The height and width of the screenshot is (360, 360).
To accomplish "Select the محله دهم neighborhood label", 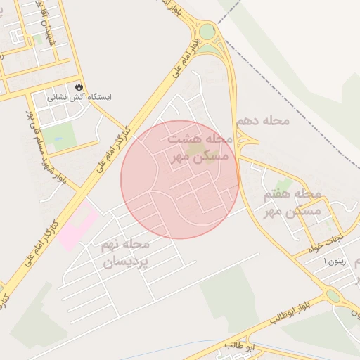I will [x=263, y=121].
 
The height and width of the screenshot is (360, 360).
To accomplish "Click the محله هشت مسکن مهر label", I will [x=196, y=148].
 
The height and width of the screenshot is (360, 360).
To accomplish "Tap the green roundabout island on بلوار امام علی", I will [x=207, y=32].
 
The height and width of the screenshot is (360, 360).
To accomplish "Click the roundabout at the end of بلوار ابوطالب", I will [x=333, y=296].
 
